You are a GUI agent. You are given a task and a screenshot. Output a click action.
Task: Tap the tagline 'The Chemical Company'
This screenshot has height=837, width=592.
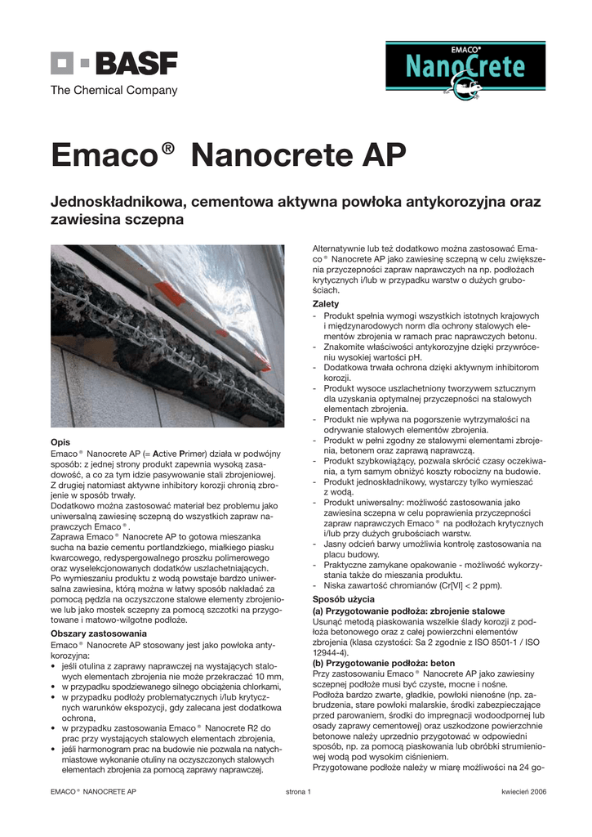(114, 91)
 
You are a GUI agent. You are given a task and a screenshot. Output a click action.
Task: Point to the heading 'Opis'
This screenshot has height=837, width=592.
(60, 442)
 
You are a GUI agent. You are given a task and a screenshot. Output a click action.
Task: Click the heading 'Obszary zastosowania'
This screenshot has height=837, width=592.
(99, 633)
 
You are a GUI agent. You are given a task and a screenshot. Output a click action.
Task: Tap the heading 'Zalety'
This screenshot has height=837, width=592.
(327, 304)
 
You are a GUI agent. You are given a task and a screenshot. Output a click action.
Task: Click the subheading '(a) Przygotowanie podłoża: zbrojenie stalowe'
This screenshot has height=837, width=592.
(410, 611)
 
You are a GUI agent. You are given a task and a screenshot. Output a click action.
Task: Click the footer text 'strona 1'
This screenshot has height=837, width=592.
(298, 792)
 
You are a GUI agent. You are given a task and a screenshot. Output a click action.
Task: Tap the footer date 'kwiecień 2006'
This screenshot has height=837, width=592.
(523, 792)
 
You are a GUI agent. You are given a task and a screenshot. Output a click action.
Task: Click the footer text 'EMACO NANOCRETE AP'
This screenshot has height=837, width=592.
(93, 792)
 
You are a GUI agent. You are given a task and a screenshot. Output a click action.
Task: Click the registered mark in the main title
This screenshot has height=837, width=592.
(169, 147)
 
